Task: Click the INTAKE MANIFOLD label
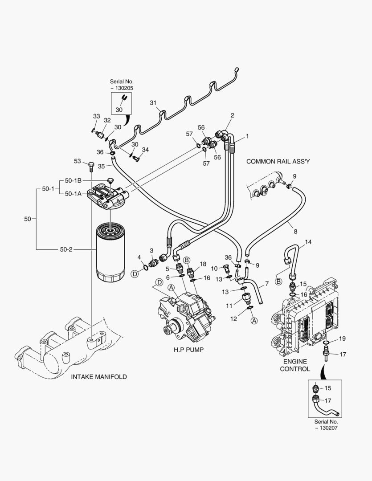[99, 377]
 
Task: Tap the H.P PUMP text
[188, 350]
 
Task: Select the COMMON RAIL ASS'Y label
[278, 162]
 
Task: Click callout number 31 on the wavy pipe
[153, 103]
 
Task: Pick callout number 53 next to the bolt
[78, 161]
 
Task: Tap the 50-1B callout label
[73, 180]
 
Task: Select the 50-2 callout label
[66, 249]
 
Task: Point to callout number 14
[308, 242]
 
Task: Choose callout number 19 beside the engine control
[342, 338]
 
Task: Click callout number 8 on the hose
[295, 232]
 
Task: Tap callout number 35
[101, 166]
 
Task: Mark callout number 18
[203, 264]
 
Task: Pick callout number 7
[266, 284]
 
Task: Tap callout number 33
[96, 116]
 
